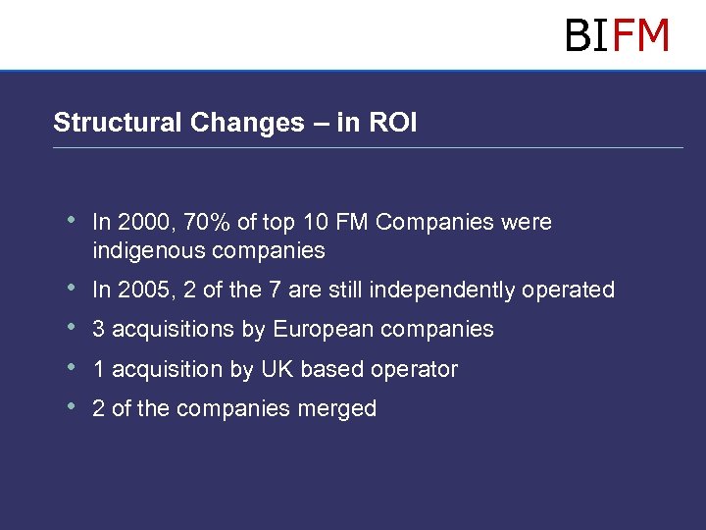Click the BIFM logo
click(x=617, y=35)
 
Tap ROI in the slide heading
click(x=393, y=123)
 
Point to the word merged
click(x=341, y=409)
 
